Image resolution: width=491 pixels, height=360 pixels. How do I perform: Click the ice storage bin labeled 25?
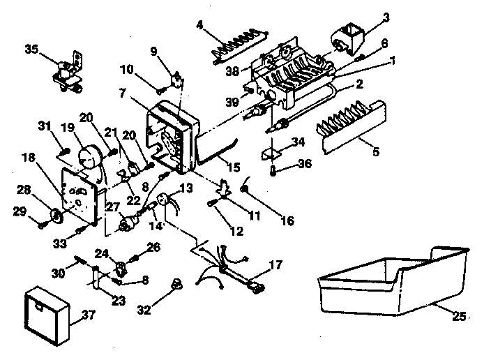coord(391,283)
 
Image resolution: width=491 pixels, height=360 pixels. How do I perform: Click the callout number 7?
coord(121,92)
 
